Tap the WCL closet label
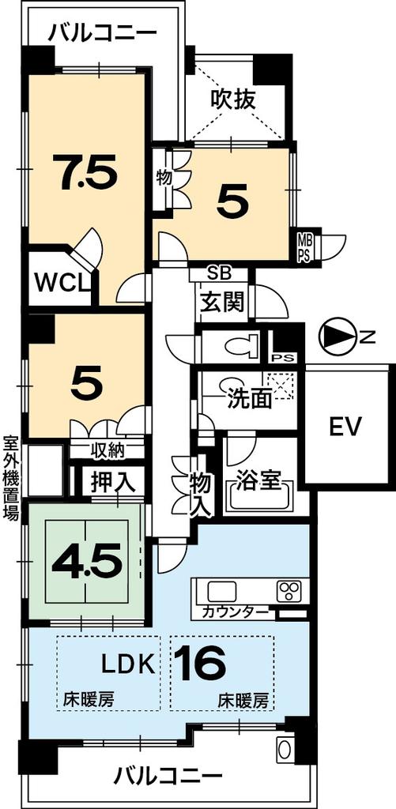click(62, 281)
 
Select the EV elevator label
click(345, 428)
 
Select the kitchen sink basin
click(221, 591)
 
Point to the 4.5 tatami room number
click(87, 562)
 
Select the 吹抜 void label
click(232, 100)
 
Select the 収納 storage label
click(106, 452)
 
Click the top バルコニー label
click(102, 34)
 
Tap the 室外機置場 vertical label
click(10, 478)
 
